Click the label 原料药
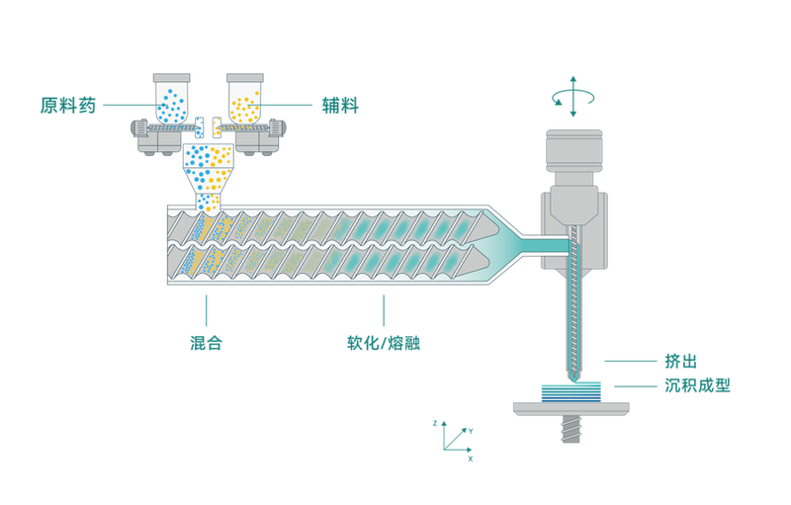pyautogui.click(x=68, y=106)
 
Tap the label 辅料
pyautogui.click(x=340, y=106)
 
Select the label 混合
pyautogui.click(x=207, y=343)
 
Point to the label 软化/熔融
pyautogui.click(x=384, y=343)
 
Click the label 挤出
pyautogui.click(x=680, y=362)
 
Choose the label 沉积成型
pyautogui.click(x=697, y=385)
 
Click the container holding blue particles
pyautogui.click(x=171, y=103)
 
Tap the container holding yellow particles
pyautogui.click(x=244, y=103)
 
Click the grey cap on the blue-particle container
pyautogui.click(x=171, y=78)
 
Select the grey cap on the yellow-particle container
pyautogui.click(x=244, y=78)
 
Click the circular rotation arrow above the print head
pyautogui.click(x=573, y=97)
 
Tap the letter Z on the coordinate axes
pyautogui.click(x=435, y=423)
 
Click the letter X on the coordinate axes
pyautogui.click(x=471, y=459)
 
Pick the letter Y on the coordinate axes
pyautogui.click(x=471, y=431)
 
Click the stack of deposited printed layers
pyautogui.click(x=571, y=392)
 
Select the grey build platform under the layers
pyautogui.click(x=571, y=409)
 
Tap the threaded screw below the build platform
pyautogui.click(x=571, y=428)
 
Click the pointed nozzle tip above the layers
pyautogui.click(x=574, y=376)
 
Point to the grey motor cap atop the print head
pyautogui.click(x=574, y=151)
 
